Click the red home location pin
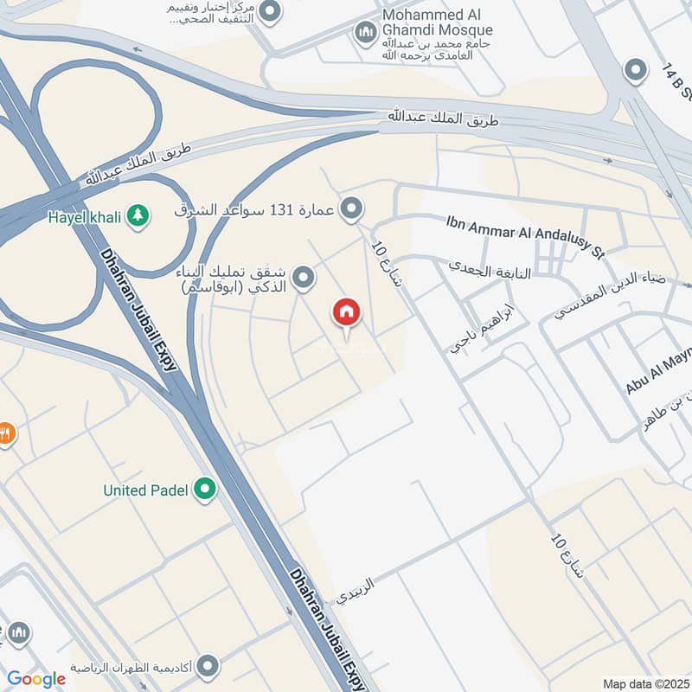click(346, 313)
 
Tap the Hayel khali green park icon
click(138, 215)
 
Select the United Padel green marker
click(205, 490)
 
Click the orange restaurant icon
click(6, 433)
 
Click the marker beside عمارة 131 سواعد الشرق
click(351, 208)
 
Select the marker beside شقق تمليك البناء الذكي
click(303, 278)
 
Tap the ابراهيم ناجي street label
click(482, 330)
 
